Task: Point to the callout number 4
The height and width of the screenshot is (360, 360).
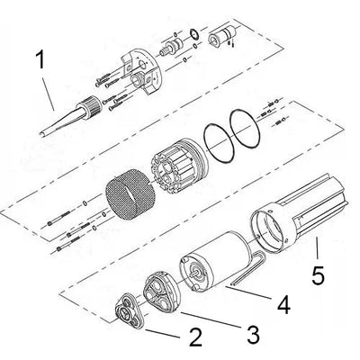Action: [x=283, y=306]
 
